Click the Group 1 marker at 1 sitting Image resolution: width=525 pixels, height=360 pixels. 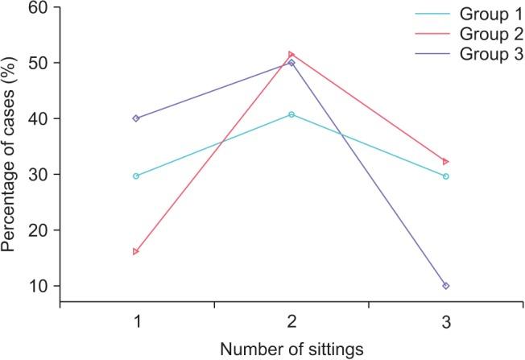point(136,176)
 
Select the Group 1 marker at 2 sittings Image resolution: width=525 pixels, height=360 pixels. point(291,114)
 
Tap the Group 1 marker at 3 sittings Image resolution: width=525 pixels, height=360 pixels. point(446,176)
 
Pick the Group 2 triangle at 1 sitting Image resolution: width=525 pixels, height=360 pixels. point(136,251)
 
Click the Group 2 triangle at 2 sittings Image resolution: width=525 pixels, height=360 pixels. point(291,55)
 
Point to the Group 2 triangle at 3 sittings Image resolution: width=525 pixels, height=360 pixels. point(446,162)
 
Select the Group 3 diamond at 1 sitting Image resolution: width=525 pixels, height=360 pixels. point(136,118)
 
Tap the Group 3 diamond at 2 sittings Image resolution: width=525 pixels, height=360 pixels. point(291,63)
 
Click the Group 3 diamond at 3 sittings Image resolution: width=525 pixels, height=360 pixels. point(446,286)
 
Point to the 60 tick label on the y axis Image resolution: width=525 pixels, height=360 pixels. point(38,7)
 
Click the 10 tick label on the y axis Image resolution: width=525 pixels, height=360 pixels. point(38,286)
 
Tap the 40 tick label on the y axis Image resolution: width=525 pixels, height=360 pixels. point(38,118)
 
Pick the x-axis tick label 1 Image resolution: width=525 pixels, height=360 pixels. point(137,321)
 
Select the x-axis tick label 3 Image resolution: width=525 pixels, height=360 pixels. point(446,321)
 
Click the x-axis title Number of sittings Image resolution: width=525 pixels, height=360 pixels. point(291,349)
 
